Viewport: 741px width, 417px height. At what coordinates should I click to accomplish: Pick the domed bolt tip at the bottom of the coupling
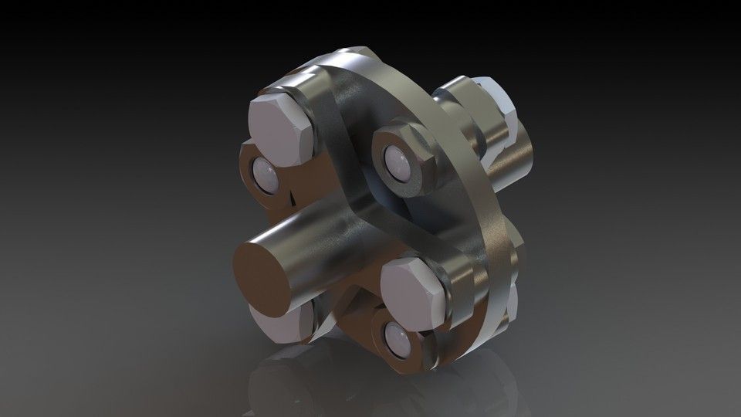coord(397,335)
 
